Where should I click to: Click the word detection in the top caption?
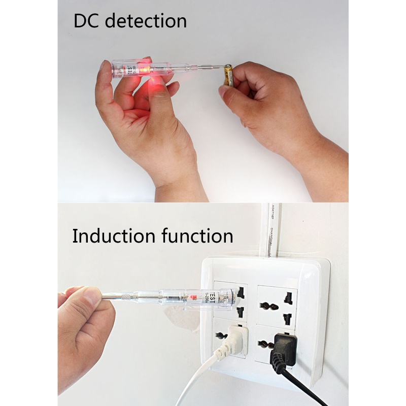(147, 21)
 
